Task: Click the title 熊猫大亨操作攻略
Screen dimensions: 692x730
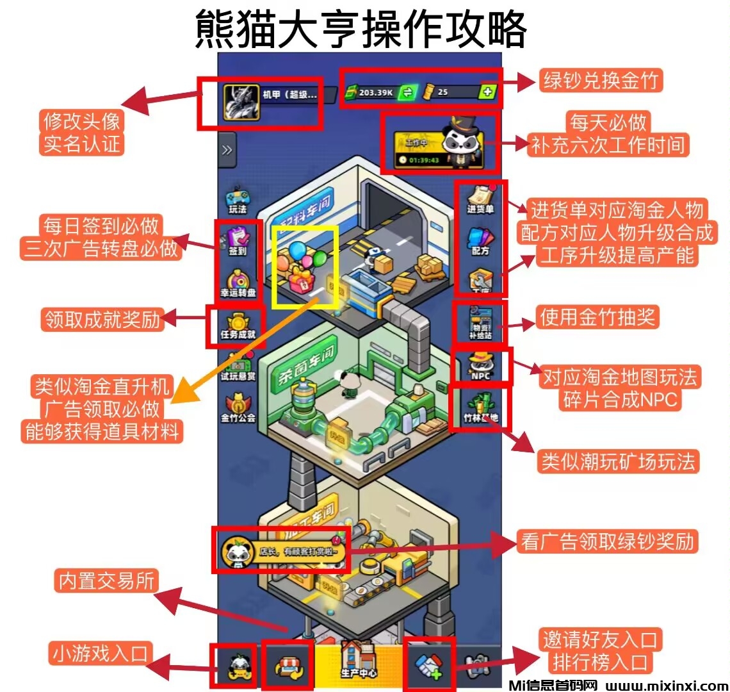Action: [x=361, y=29]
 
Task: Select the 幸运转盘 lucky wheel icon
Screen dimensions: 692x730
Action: [x=238, y=282]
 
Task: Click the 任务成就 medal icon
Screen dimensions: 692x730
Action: [x=237, y=324]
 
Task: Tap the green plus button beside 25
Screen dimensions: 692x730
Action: [x=487, y=92]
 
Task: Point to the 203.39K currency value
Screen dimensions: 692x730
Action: [x=376, y=93]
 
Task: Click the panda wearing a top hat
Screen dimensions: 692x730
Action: [x=459, y=142]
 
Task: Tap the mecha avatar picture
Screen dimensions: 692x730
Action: [x=241, y=103]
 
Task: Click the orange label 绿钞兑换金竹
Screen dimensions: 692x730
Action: [x=600, y=81]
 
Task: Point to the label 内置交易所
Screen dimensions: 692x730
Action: [x=107, y=581]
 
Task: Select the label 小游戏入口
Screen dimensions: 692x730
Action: [x=101, y=654]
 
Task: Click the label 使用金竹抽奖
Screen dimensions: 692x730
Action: [x=597, y=317]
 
